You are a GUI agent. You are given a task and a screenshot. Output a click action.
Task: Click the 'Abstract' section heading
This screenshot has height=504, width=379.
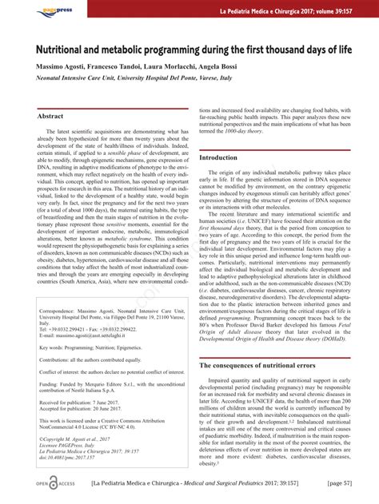click(x=50, y=117)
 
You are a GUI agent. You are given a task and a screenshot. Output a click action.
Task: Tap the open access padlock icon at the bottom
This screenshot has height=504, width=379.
click(x=53, y=483)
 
